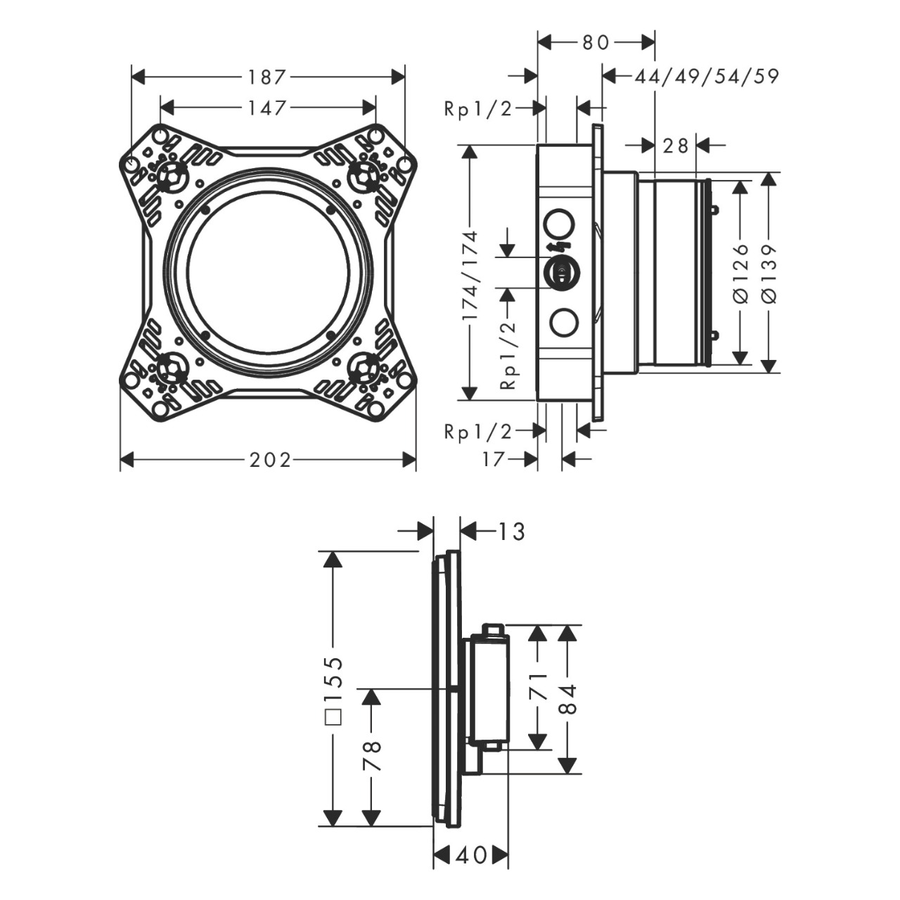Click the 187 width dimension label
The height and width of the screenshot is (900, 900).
[266, 77]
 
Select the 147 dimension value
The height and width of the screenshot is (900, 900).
[266, 108]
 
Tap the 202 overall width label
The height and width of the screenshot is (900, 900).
[271, 460]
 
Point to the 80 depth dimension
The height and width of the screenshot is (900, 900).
[596, 43]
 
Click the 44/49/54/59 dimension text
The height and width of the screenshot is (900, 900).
[706, 77]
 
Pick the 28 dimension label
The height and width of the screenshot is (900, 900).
[675, 146]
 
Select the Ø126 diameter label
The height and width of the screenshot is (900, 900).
[740, 274]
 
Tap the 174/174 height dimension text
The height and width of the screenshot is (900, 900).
[470, 275]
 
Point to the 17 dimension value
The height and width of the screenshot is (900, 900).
[494, 460]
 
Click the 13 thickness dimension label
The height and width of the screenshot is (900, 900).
[512, 532]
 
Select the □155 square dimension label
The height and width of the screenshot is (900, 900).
[334, 691]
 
